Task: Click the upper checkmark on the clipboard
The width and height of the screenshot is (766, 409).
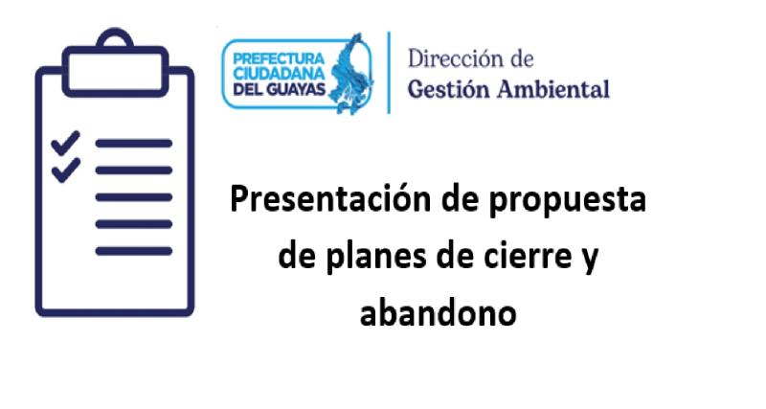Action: tap(64, 145)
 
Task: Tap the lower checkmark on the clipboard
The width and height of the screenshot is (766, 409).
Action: tap(64, 171)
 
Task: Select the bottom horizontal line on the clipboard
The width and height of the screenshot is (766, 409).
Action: tap(134, 251)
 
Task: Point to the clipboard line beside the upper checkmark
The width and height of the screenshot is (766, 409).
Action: tap(134, 144)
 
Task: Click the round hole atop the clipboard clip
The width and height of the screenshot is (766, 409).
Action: tap(115, 41)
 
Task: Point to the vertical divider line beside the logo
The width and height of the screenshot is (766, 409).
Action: tap(389, 73)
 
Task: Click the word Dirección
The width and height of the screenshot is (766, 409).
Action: tap(456, 58)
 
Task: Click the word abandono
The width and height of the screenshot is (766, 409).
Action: tap(439, 312)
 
